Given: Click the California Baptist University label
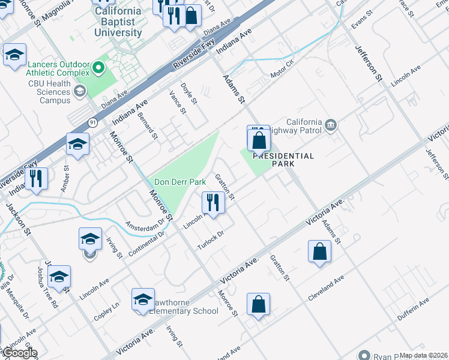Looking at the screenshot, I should coord(118,22).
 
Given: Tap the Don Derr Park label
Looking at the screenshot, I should coord(180,182).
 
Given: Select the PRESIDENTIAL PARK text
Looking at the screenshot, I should coord(283,160).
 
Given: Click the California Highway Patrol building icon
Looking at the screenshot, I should coord(331,125).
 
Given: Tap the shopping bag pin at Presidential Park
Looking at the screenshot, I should coord(259,142).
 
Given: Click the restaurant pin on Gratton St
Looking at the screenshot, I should coord(213,203).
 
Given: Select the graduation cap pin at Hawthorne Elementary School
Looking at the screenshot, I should coord(143,300).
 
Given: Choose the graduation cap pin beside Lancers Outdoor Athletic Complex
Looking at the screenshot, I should coord(14,55).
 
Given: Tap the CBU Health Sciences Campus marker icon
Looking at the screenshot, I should coord(79,92).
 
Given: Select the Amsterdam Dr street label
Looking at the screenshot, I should coord(145,223).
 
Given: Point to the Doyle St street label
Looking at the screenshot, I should coord(189,94).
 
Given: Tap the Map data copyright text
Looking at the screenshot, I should coord(424,355).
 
